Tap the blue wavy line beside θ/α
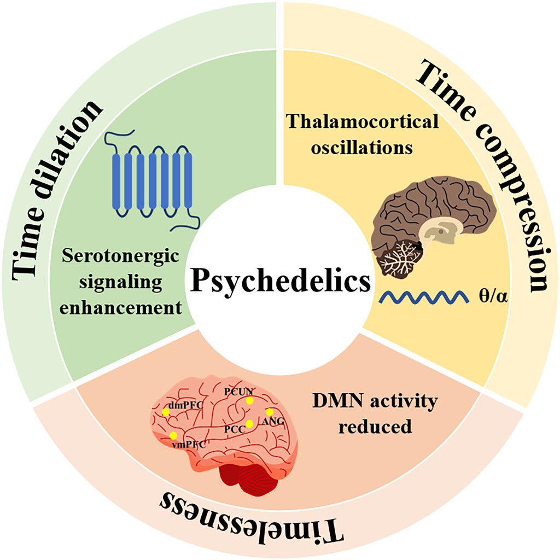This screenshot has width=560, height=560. (424, 297)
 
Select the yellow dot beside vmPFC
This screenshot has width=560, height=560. (173, 435)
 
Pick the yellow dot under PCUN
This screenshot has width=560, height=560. (250, 400)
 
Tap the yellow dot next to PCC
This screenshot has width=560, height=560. (249, 423)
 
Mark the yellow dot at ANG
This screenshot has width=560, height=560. (269, 411)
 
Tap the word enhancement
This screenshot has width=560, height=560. (129, 307)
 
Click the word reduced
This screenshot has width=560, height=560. (375, 426)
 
